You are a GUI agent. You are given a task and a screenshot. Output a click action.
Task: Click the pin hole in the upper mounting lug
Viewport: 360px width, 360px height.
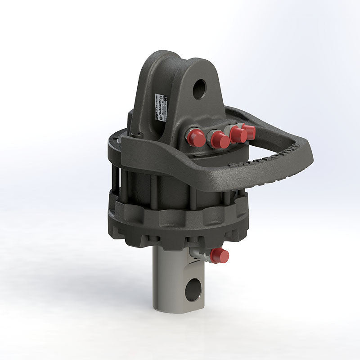click(x=199, y=89)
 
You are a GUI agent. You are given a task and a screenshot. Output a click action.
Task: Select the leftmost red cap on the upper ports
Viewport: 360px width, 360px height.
click(x=197, y=138)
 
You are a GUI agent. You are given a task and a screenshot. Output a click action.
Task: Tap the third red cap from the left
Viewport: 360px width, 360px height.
click(x=238, y=135)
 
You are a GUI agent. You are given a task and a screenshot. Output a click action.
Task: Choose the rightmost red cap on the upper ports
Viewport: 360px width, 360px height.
click(x=249, y=132)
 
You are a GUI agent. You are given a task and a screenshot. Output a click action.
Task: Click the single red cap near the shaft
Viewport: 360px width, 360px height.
click(x=219, y=256)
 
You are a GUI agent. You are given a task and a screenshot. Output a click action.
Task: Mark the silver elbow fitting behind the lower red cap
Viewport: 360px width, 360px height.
click(x=200, y=255)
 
